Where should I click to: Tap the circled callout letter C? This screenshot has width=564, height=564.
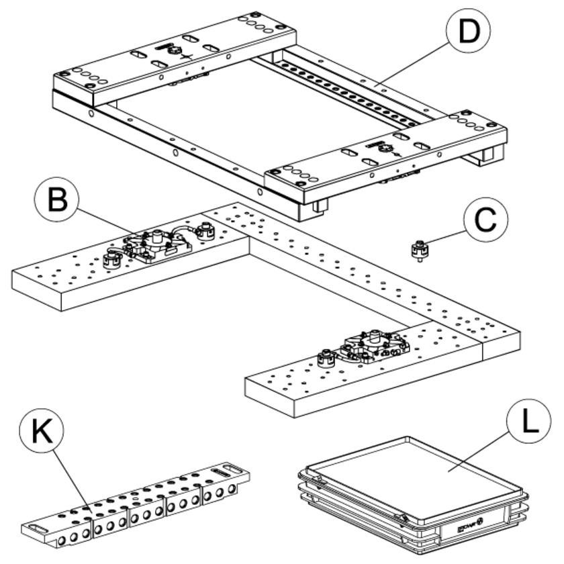(x=485, y=220)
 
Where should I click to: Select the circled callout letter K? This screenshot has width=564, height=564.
(x=41, y=432)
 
